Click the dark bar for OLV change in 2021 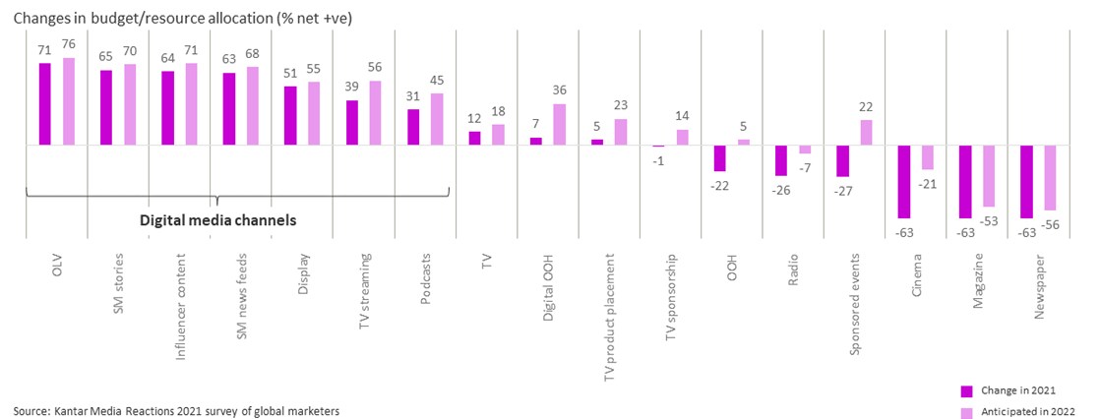pos(44,104)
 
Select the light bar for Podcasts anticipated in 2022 pos(437,119)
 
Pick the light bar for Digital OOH pos(560,125)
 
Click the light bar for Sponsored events pos(867,133)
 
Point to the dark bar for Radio pos(781,159)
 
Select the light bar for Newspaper pos(1051,178)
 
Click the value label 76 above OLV pos(69,46)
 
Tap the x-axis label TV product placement pos(611,316)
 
